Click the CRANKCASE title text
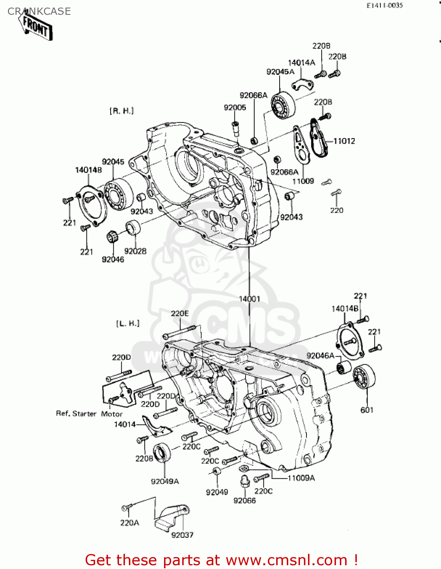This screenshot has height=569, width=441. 39,11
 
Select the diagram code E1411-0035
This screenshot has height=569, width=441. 384,5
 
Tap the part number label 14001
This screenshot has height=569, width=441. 249,299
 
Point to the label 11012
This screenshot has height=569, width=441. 344,141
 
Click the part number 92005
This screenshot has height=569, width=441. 235,108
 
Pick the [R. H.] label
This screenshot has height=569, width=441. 122,111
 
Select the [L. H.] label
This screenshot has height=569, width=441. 128,323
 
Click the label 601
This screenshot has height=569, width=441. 367,410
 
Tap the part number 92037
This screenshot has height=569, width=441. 182,535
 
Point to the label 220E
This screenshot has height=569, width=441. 180,313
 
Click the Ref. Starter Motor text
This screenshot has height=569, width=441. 89,414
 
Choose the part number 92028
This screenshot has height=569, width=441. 135,251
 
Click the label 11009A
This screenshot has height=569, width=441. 301,478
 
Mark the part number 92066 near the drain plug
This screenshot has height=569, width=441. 244,500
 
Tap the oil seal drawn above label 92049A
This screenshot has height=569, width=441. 163,452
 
